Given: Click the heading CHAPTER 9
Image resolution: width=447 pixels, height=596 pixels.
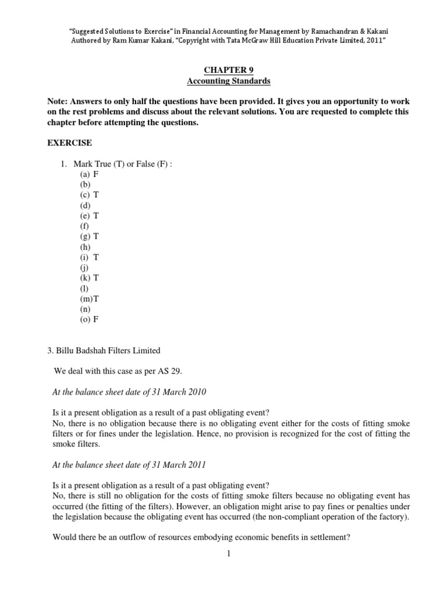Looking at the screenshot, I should [x=223, y=70].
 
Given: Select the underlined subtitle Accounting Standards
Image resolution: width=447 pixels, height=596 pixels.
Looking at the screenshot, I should [x=223, y=81].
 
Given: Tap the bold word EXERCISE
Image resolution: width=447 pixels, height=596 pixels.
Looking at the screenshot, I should [x=69, y=143].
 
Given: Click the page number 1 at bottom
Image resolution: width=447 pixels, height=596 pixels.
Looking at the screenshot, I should [x=229, y=554].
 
